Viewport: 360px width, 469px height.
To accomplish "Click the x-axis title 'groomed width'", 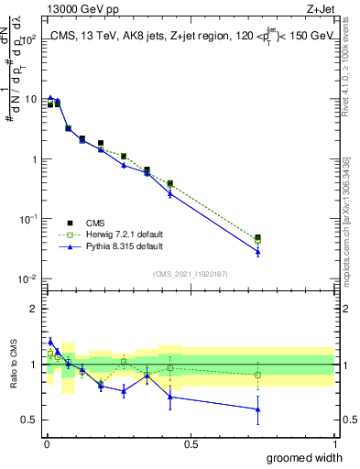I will pyautogui.click(x=306, y=457).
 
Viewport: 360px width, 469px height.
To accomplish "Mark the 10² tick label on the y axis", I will pyautogui.click(x=29, y=39).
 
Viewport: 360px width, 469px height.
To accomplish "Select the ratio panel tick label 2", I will pyautogui.click(x=34, y=309).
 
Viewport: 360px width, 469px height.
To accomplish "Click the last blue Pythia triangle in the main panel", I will pyautogui.click(x=257, y=251).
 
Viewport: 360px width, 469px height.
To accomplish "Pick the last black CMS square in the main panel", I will pyautogui.click(x=257, y=238).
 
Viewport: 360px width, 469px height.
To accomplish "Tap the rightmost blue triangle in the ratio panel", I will pyautogui.click(x=257, y=409).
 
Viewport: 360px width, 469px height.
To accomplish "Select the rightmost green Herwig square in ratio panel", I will pyautogui.click(x=257, y=375).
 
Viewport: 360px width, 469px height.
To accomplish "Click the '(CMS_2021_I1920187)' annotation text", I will pyautogui.click(x=191, y=274).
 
